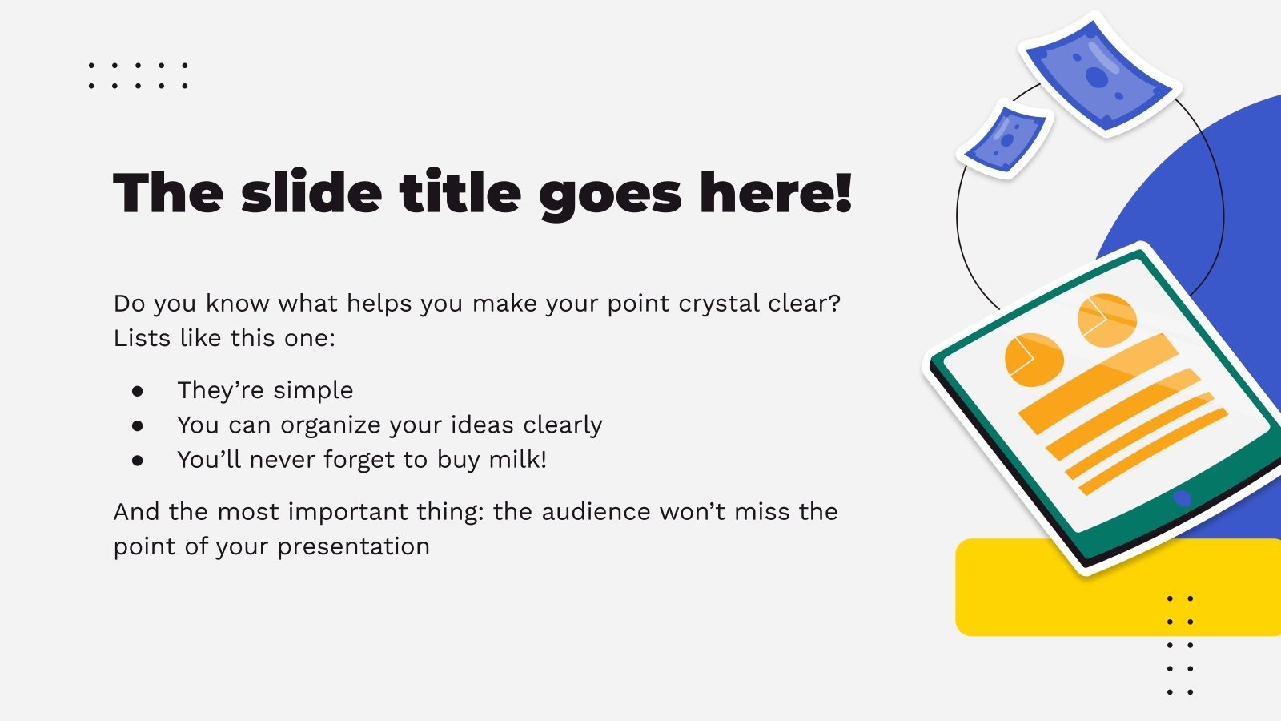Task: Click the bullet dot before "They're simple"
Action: [x=138, y=391]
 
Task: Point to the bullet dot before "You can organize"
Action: [x=138, y=425]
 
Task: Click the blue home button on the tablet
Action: [x=1182, y=498]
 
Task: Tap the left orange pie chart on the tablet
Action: [x=1034, y=359]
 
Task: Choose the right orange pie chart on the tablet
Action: [x=1107, y=320]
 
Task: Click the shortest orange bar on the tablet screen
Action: [x=1153, y=453]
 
